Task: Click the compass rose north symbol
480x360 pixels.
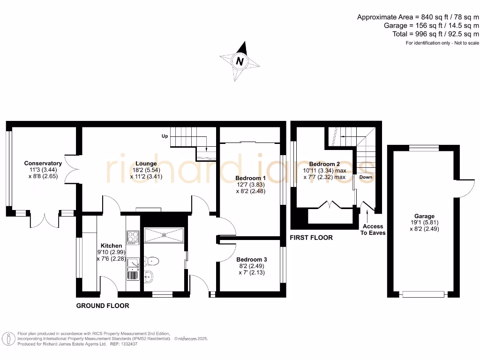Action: pos(240,61)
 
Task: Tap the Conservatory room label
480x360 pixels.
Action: pos(43,164)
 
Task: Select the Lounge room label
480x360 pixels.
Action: pos(146,164)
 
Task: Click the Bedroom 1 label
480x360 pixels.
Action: pos(251,178)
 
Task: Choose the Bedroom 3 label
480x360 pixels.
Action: pos(251,259)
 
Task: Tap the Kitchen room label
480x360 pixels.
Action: pos(111,246)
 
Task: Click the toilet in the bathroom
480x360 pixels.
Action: pos(151,261)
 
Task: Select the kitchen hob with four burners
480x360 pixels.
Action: pos(132,237)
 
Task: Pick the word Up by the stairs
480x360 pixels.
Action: pos(165,136)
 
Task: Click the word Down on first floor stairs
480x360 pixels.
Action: pos(366,178)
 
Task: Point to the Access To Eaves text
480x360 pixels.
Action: pos(373,229)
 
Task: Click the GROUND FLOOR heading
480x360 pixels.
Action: pos(103,306)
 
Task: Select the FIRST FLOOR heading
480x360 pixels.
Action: pos(311,238)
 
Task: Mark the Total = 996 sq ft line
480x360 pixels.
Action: pos(435,34)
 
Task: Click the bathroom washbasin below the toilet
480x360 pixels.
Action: pos(150,276)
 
